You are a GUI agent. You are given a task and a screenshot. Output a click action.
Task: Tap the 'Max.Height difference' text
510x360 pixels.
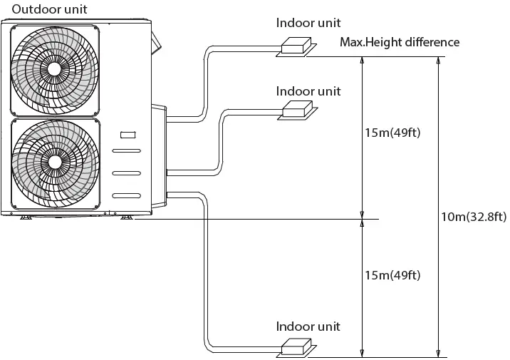(x=400, y=42)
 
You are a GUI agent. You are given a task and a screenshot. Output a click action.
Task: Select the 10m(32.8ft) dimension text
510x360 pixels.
(x=473, y=217)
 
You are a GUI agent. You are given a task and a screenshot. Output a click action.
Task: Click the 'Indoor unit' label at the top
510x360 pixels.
(x=308, y=22)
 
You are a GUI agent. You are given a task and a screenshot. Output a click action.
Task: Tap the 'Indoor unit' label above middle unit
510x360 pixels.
(x=308, y=91)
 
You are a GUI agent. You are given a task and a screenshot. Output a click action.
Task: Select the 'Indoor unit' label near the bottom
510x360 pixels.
(x=308, y=326)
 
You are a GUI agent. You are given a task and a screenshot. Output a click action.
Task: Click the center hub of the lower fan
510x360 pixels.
(x=53, y=161)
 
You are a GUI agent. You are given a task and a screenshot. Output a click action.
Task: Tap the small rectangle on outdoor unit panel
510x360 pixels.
(x=127, y=134)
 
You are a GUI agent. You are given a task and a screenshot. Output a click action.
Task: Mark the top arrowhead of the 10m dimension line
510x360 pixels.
(x=437, y=61)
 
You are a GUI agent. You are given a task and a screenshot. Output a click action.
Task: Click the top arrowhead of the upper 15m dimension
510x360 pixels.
(x=362, y=61)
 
